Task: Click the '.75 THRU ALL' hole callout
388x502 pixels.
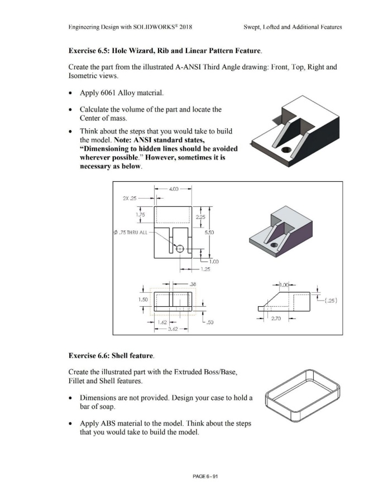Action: [132, 233]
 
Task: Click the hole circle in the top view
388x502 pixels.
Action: [180, 248]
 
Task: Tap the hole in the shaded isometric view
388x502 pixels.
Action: [274, 246]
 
